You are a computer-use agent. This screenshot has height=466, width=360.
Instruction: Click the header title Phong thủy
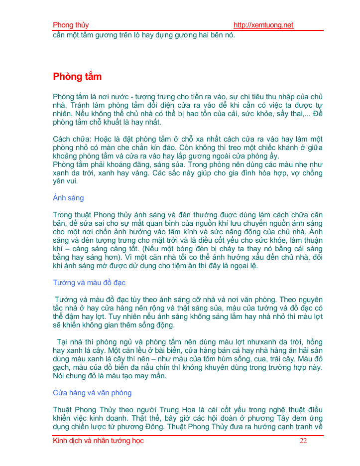pos(71,25)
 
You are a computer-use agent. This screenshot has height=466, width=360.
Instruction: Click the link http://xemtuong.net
pos(263,25)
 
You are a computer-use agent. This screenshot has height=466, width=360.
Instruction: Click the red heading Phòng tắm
pos(77,77)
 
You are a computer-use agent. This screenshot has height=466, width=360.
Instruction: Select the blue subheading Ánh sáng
pos(68,198)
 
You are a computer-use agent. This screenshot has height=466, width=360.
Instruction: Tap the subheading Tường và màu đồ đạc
pos(89,283)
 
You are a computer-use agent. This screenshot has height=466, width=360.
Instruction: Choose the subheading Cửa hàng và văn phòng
pos(92,393)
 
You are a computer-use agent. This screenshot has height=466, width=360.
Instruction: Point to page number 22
pos(303,441)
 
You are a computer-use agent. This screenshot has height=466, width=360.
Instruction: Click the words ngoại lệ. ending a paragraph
pos(241,266)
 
